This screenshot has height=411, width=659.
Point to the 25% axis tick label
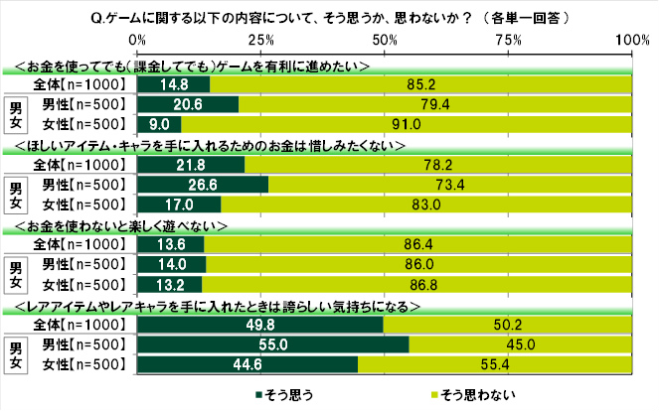[x=260, y=39]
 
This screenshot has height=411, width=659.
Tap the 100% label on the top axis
[x=630, y=39]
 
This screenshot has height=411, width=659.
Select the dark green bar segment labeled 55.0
[x=273, y=343]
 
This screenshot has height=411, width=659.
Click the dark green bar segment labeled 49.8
[x=260, y=325]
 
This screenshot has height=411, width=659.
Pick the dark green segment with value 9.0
[x=159, y=125]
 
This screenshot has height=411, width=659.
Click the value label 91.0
[x=410, y=125]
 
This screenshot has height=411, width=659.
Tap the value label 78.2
[x=437, y=165]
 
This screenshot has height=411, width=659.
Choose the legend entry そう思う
[x=289, y=394]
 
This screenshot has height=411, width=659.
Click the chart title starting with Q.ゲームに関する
[x=328, y=15]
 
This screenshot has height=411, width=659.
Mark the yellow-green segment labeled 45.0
[x=521, y=343]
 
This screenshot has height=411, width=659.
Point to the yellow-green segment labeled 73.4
[x=450, y=185]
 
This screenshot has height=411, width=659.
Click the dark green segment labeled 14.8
[x=174, y=85]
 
